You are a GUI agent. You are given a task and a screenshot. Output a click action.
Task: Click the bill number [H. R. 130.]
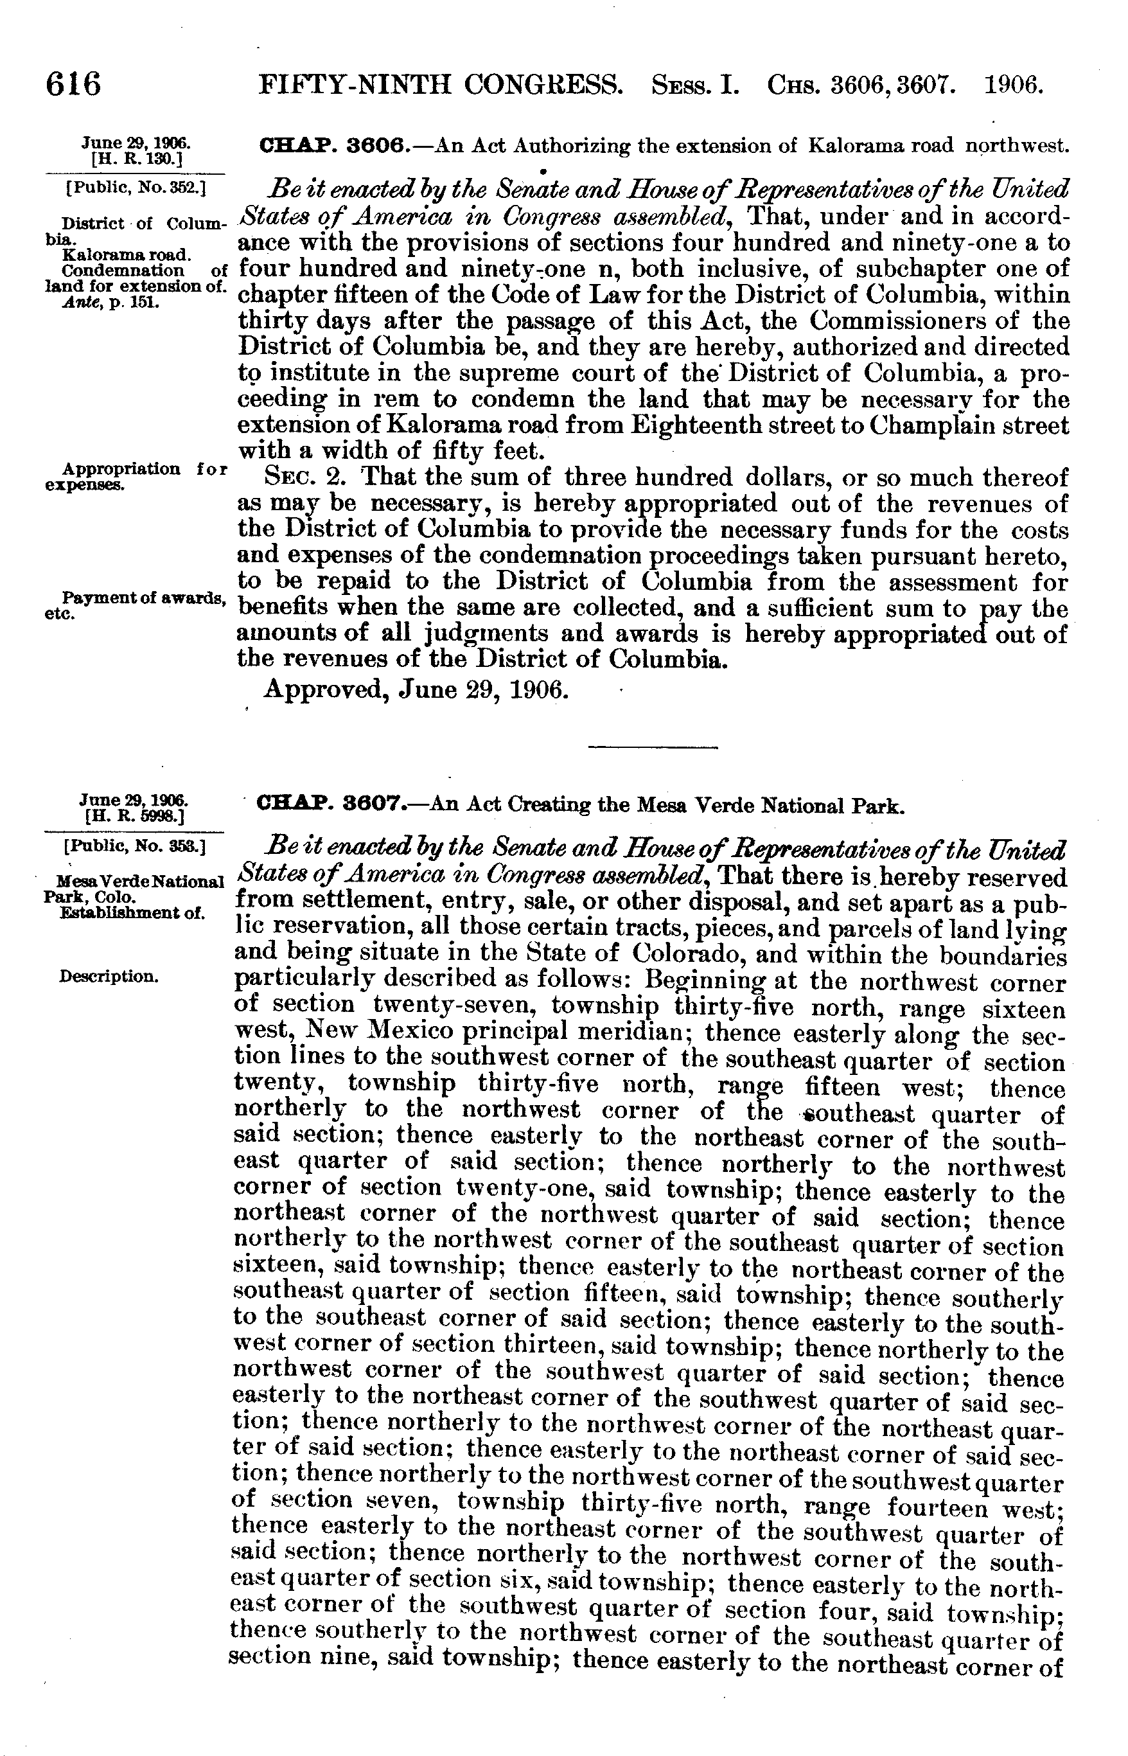click(136, 157)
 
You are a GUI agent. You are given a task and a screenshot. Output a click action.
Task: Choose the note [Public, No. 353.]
click(136, 847)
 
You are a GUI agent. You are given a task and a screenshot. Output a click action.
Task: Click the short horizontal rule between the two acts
click(654, 747)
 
